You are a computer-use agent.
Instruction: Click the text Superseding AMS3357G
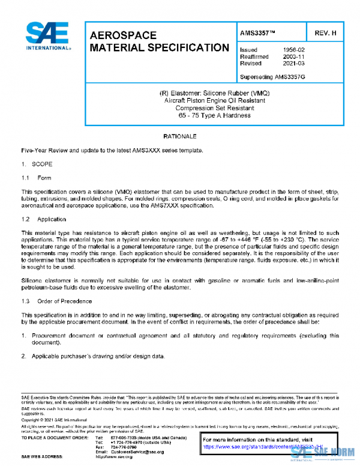coord(272,77)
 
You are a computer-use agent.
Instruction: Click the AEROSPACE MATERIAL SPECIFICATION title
coord(158,41)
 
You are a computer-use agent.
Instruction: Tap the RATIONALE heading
coord(180,137)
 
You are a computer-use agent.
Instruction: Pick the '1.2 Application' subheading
coord(44,219)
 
